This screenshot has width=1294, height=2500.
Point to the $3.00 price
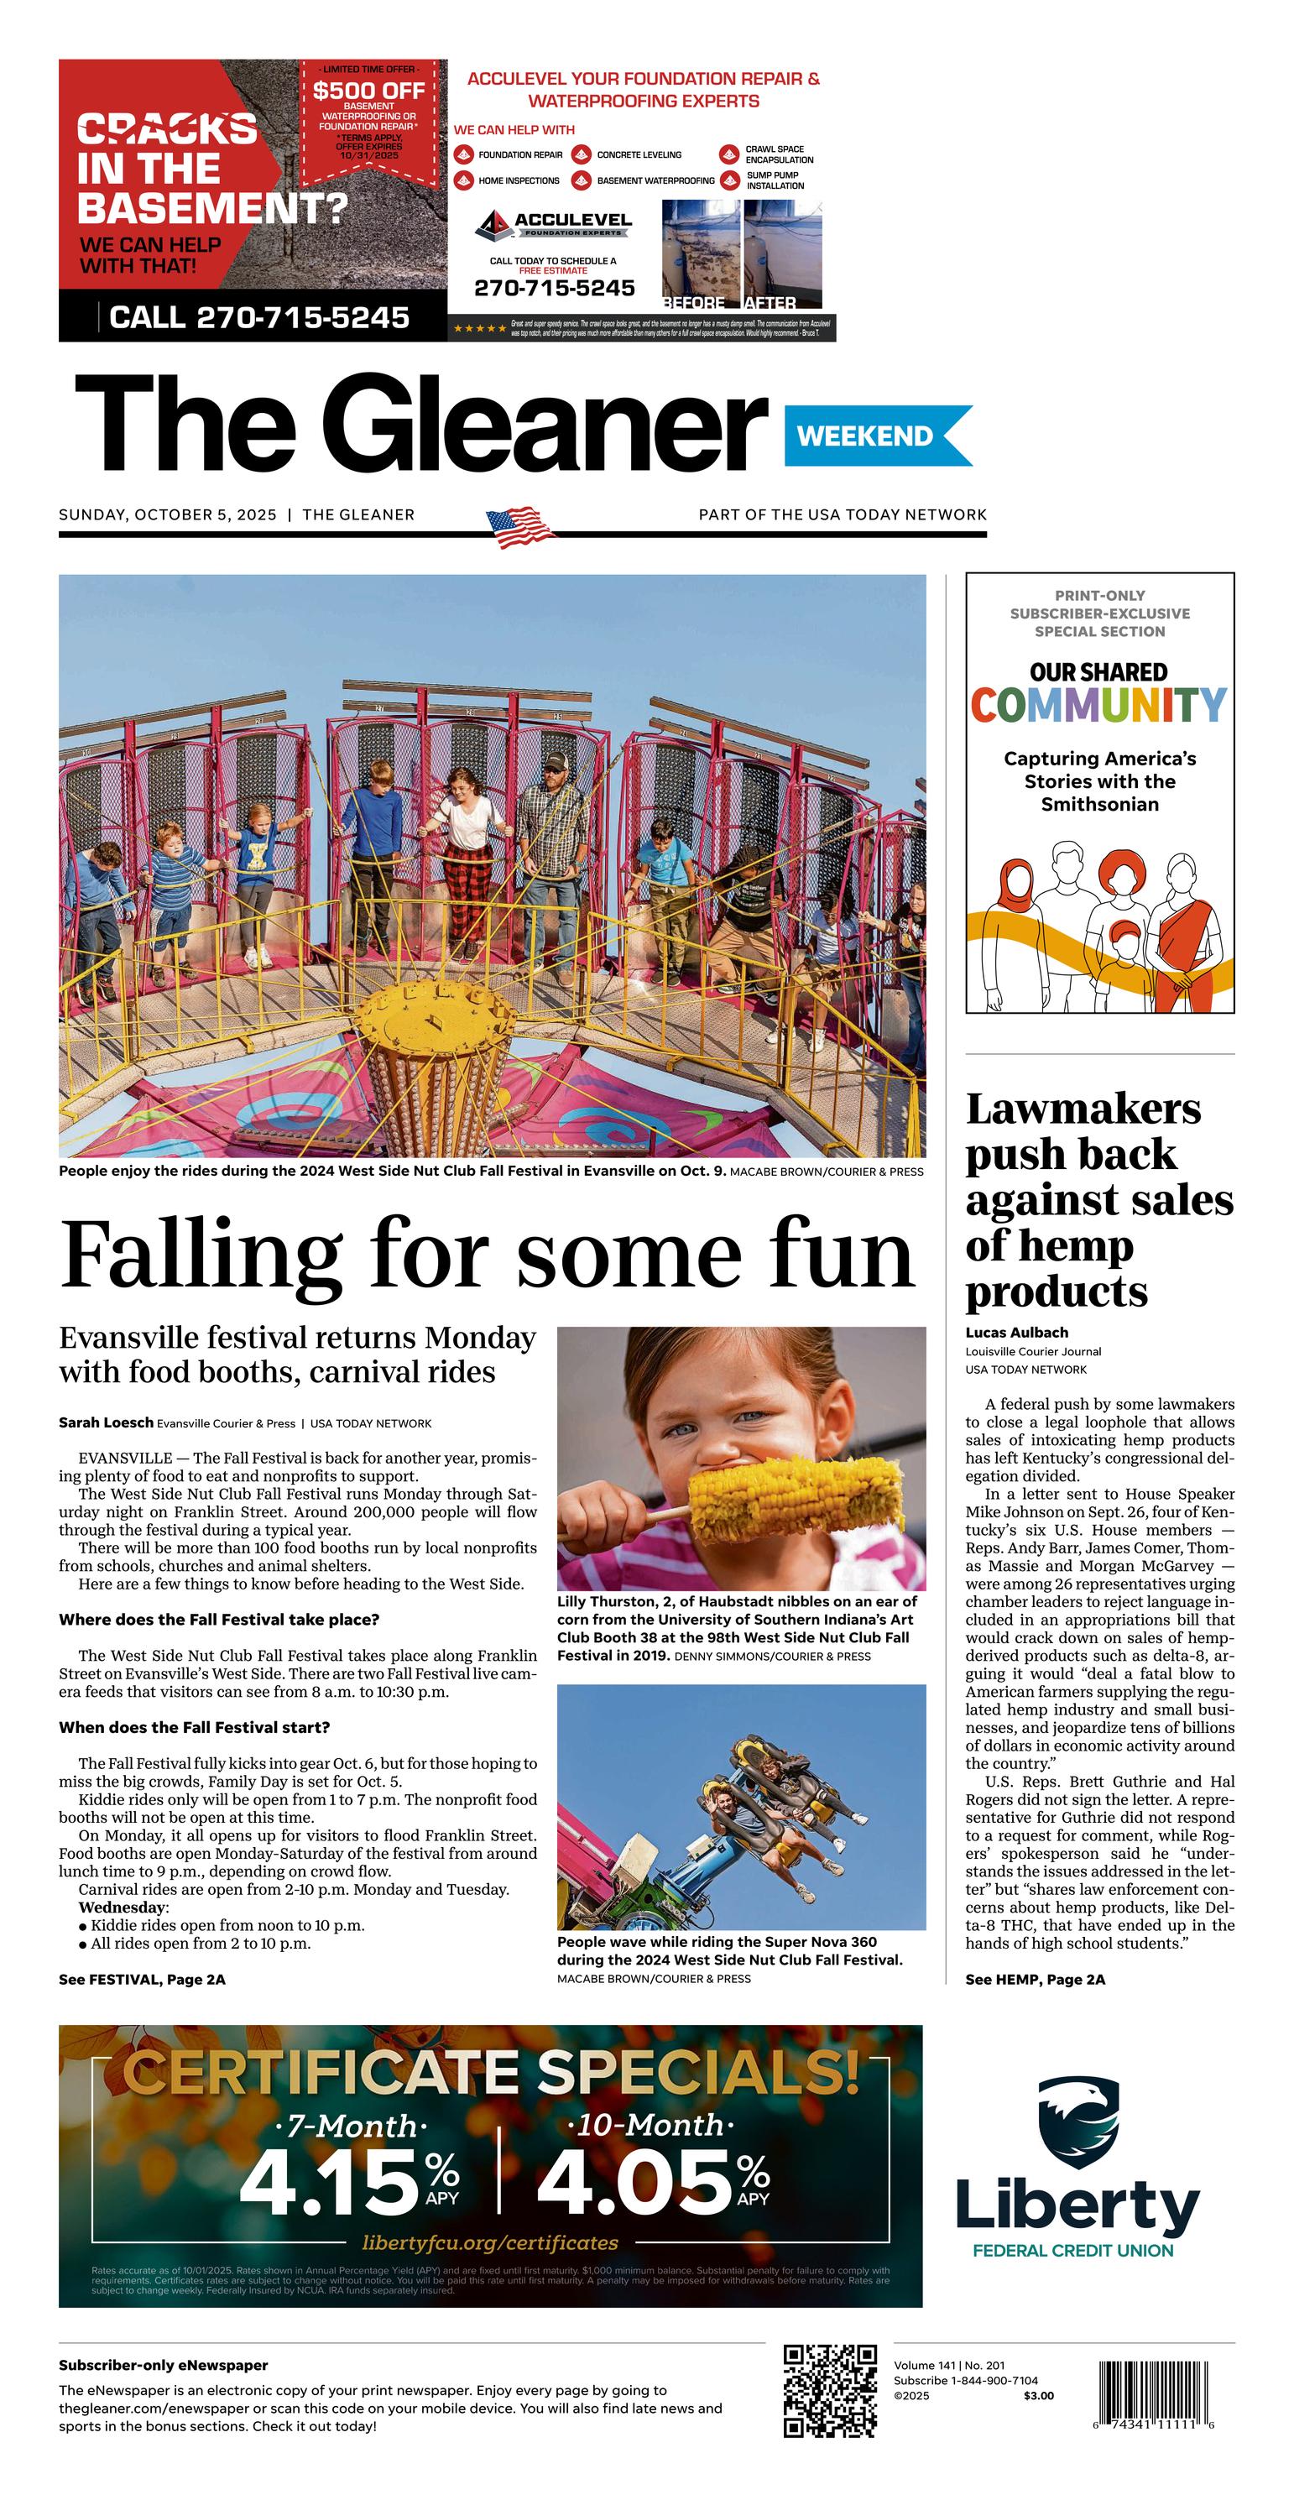(1038, 2396)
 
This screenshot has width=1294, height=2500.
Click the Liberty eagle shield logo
(1077, 2122)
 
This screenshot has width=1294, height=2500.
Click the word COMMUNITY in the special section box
(1098, 706)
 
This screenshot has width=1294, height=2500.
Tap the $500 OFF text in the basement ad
(369, 91)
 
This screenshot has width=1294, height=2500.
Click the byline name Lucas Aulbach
(1016, 1333)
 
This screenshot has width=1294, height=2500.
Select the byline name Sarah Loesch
(106, 1422)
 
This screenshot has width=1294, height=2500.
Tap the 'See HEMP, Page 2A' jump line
(1035, 1979)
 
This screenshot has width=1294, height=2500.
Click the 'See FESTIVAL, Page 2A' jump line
(142, 1979)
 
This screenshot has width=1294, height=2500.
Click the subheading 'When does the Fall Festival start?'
(194, 1727)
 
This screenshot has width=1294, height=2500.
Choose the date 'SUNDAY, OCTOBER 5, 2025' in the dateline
(168, 514)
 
